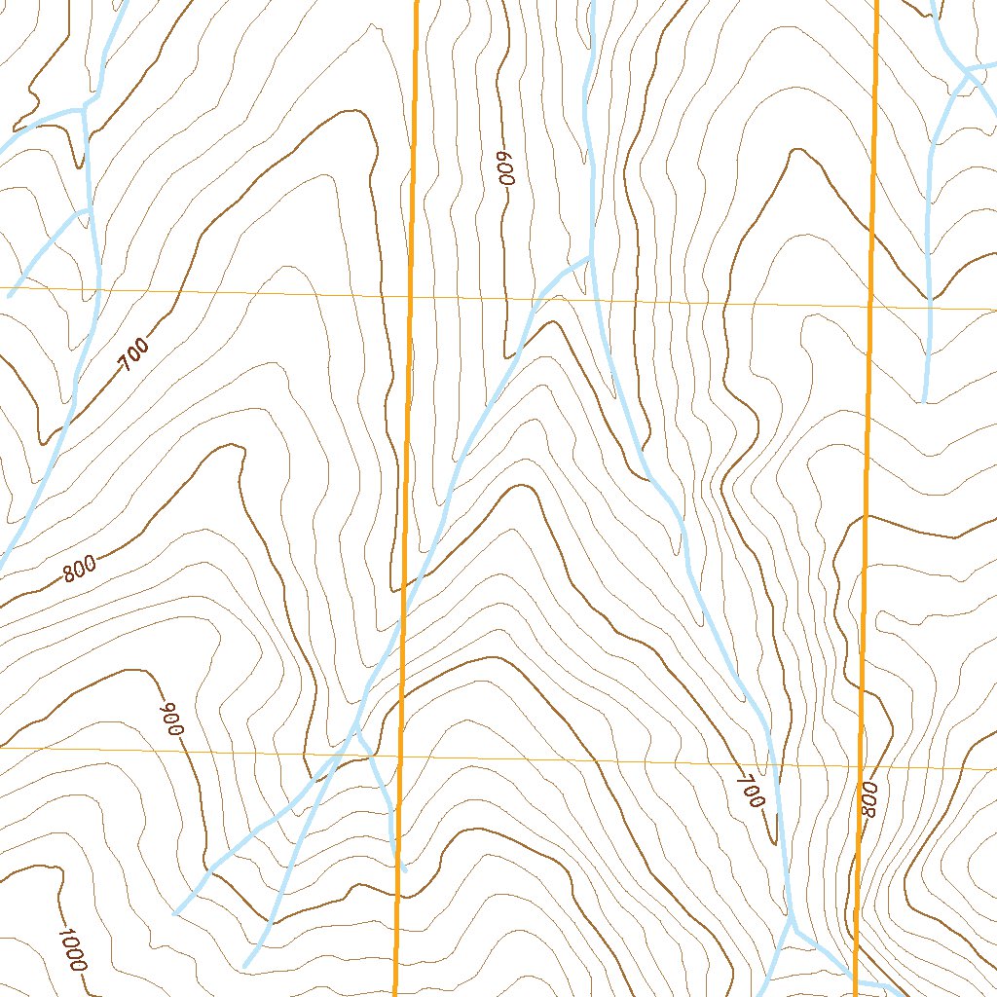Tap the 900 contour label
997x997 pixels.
pyautogui.click(x=172, y=720)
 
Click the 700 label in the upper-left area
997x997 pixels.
pyautogui.click(x=134, y=354)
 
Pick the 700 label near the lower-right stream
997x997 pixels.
pyautogui.click(x=751, y=790)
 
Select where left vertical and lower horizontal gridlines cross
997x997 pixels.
pyautogui.click(x=401, y=756)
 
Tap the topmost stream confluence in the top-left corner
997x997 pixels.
pyautogui.click(x=84, y=106)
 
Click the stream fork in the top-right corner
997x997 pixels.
pyautogui.click(x=966, y=69)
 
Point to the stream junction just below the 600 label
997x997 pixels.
pyautogui.click(x=588, y=258)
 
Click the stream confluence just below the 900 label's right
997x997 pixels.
pyautogui.click(x=355, y=728)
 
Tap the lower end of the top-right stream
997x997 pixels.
pyautogui.click(x=924, y=400)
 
